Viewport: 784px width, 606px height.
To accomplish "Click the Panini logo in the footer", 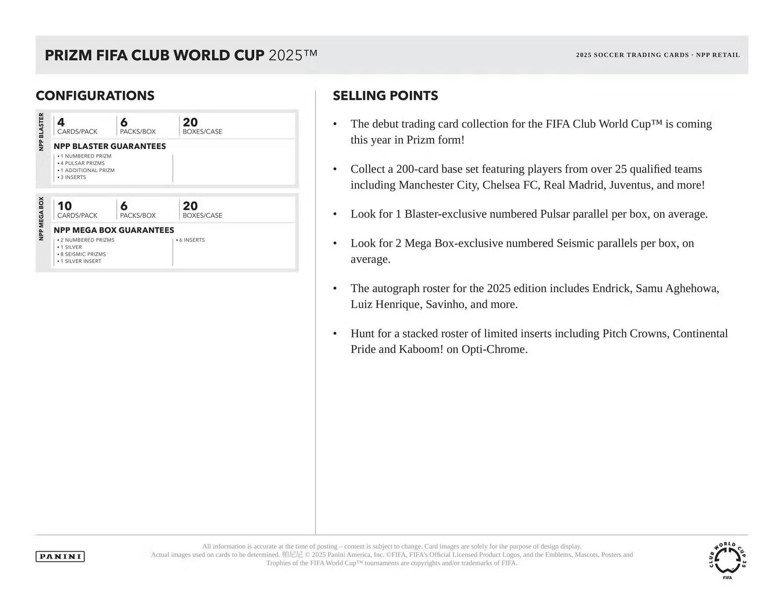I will (x=60, y=556).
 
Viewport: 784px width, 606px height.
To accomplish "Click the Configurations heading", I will (x=95, y=96).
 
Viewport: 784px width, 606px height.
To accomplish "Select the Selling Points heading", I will (x=385, y=96).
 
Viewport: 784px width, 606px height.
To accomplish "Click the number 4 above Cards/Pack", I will (x=61, y=122).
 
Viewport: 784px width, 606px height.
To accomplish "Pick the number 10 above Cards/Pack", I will (x=64, y=206).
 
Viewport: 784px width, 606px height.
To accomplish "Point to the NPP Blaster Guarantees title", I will (x=110, y=146).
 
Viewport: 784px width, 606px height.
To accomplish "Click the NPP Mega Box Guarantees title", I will (x=114, y=230).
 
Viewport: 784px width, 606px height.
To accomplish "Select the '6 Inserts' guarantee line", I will (x=191, y=240).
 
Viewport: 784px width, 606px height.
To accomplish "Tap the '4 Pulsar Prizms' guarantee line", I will (x=82, y=163).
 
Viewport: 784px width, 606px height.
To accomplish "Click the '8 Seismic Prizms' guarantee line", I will (x=83, y=254).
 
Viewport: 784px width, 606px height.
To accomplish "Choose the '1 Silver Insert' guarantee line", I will (x=80, y=261).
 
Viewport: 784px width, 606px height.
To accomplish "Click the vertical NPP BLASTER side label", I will (x=41, y=132).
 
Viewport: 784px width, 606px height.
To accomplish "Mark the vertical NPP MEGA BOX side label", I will (x=41, y=219).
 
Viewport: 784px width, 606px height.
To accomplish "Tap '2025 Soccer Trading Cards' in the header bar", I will (x=632, y=55).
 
